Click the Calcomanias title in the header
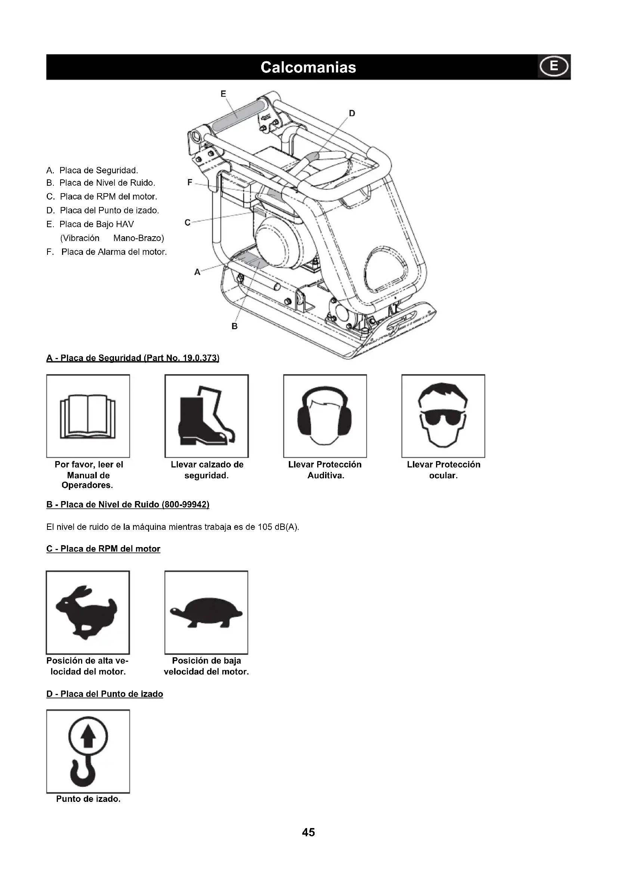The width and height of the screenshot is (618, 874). [308, 67]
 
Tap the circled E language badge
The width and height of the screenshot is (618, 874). [554, 67]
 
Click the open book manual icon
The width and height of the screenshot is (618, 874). [88, 416]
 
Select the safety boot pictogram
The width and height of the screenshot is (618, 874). [207, 416]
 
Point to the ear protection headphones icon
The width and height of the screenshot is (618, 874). [325, 416]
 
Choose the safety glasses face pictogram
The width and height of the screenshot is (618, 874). [444, 416]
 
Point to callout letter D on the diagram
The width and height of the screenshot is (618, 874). [352, 114]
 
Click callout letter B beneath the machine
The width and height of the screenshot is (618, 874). [234, 326]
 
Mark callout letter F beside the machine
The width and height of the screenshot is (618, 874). [190, 183]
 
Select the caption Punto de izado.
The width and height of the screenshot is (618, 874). [88, 799]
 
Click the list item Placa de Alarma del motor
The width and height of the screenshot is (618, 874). [114, 252]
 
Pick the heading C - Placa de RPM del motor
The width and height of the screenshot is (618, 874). [103, 549]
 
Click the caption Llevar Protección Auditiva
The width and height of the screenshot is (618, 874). [325, 470]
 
